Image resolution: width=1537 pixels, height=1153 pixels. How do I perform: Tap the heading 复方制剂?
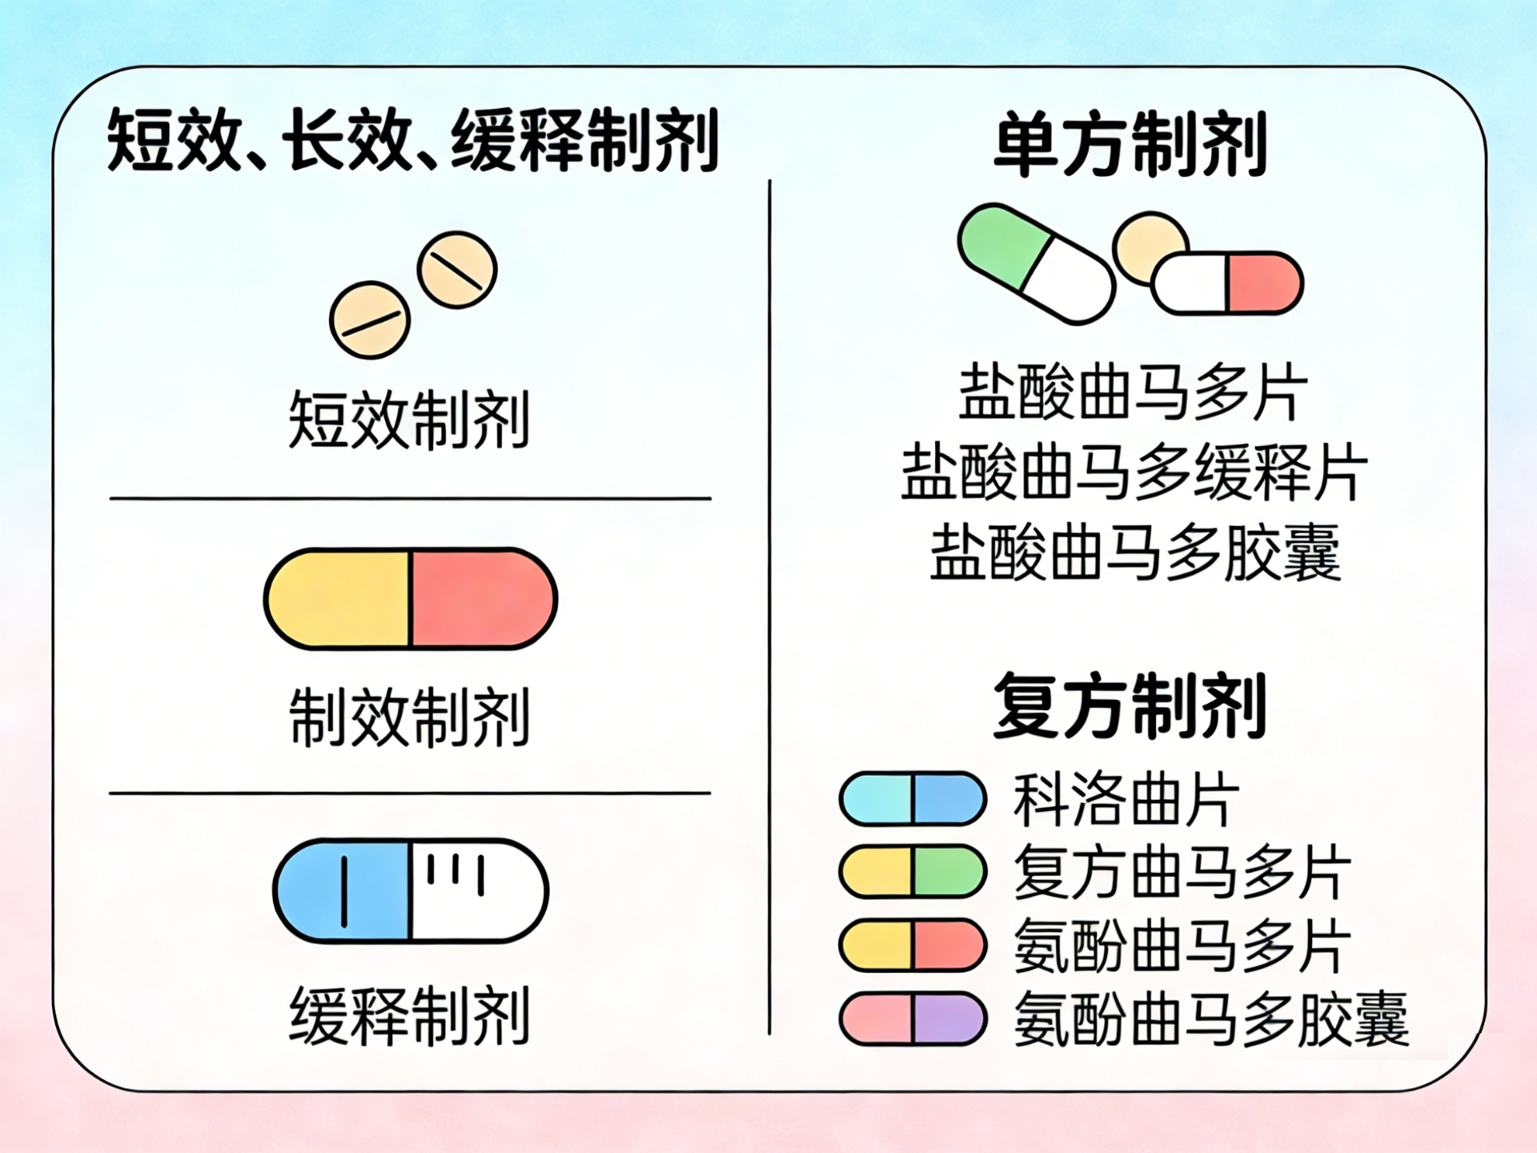[1130, 706]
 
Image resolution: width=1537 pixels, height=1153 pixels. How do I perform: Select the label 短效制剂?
[409, 420]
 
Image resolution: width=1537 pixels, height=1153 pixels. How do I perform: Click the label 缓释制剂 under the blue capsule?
[409, 1016]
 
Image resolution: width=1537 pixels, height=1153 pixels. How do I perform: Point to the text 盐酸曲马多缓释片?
[1134, 472]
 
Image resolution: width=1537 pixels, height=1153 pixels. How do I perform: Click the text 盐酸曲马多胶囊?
[1134, 552]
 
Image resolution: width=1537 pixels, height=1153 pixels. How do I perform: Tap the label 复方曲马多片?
[1182, 872]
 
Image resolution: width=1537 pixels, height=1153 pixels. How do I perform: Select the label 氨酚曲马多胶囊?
[1210, 1019]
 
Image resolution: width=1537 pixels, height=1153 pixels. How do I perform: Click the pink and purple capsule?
[913, 1018]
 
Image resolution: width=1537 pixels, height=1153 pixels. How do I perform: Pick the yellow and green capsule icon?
[913, 871]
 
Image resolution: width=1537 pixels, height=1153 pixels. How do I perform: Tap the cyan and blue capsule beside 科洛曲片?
[913, 798]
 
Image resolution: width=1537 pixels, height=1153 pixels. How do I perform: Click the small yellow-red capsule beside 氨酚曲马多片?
[913, 945]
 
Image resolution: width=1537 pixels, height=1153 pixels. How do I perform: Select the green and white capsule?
[1036, 263]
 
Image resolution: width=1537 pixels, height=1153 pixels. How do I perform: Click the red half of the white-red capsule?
[1262, 283]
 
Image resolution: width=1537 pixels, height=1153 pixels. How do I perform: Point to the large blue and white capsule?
[411, 890]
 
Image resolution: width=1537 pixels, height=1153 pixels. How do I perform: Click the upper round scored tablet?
[457, 270]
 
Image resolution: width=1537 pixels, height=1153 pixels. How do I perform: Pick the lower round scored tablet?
[370, 319]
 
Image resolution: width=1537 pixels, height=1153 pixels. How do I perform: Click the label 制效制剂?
[409, 717]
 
